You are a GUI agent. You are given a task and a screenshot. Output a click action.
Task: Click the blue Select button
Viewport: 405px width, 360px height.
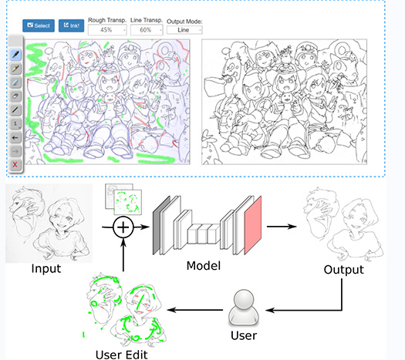click(39, 25)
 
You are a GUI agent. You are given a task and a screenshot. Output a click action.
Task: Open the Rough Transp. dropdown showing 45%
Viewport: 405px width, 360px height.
click(107, 30)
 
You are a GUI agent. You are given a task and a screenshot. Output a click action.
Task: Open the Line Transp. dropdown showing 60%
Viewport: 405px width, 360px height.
click(147, 30)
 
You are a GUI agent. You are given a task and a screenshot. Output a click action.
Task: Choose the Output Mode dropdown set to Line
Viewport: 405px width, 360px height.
click(184, 30)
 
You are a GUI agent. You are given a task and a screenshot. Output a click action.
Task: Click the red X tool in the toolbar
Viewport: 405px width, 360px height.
click(15, 164)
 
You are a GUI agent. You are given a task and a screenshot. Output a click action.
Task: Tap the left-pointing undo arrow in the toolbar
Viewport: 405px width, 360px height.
click(15, 137)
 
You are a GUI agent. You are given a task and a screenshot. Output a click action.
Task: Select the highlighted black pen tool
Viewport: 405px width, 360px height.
click(15, 55)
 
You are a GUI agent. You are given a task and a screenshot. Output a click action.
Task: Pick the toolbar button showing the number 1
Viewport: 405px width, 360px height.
click(15, 123)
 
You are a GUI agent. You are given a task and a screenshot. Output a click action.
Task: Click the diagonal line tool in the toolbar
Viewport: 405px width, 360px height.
click(15, 110)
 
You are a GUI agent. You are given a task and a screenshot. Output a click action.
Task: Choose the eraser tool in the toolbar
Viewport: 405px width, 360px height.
click(15, 96)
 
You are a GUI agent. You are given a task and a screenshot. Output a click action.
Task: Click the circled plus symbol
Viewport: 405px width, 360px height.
click(123, 227)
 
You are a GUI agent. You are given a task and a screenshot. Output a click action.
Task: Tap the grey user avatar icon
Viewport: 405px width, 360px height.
click(244, 308)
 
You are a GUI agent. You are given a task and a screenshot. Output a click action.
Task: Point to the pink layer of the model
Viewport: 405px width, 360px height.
click(253, 226)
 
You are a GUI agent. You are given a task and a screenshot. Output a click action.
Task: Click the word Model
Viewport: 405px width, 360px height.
click(204, 266)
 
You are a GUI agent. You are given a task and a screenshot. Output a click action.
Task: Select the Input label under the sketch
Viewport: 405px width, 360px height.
click(46, 269)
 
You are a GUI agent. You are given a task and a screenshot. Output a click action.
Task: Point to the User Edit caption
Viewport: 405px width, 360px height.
click(121, 355)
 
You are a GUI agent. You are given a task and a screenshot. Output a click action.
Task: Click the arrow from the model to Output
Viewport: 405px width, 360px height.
click(282, 227)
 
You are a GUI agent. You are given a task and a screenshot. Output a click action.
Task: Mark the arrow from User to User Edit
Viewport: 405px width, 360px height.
click(195, 309)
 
